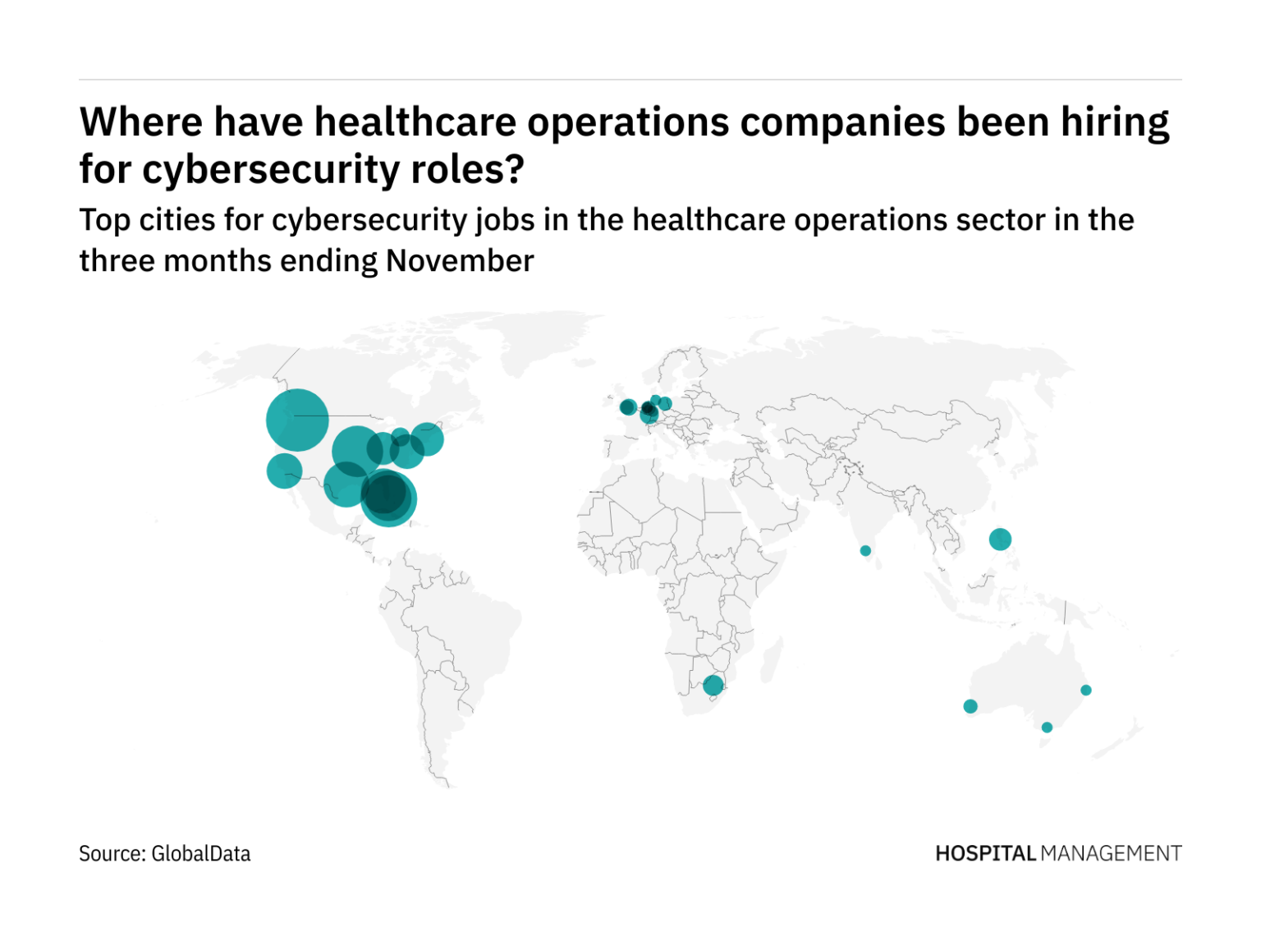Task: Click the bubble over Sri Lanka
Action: tap(865, 551)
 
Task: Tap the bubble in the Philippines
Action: tap(1000, 540)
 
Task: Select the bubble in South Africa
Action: tap(713, 685)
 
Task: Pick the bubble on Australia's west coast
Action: tap(970, 706)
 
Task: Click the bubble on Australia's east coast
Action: tap(1086, 690)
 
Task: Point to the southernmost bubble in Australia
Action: tap(1047, 728)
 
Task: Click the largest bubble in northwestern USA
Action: tap(297, 420)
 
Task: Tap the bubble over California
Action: tap(284, 471)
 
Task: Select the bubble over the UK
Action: tap(628, 407)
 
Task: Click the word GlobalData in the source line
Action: tap(201, 854)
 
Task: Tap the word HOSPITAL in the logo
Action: tap(985, 854)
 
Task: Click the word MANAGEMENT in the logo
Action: tap(1111, 854)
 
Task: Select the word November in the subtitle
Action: tap(460, 261)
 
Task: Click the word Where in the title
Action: tap(140, 122)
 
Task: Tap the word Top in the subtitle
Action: tap(104, 220)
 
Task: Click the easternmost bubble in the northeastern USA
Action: tap(427, 439)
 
